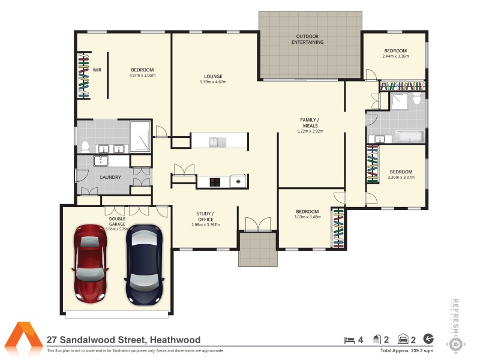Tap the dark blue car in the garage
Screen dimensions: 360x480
(x=144, y=264)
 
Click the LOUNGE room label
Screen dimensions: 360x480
(x=213, y=76)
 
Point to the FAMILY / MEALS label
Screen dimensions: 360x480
(x=310, y=122)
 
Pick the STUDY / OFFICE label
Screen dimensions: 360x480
(x=205, y=217)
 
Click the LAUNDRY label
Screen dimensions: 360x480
(x=110, y=177)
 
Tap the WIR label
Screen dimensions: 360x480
(x=96, y=70)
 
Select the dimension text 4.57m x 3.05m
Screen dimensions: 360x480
(x=142, y=76)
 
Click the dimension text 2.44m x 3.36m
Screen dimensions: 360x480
(x=395, y=56)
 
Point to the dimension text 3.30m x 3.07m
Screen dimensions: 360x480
(x=401, y=177)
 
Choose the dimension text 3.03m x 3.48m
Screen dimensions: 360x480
(x=307, y=217)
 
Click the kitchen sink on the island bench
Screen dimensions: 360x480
(x=214, y=141)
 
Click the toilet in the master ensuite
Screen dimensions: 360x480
(x=86, y=146)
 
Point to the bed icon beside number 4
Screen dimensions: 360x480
(x=349, y=340)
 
